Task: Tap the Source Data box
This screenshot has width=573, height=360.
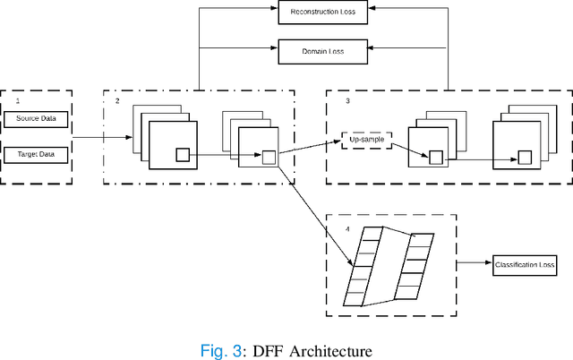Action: [x=36, y=119]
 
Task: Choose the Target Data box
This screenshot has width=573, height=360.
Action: [x=36, y=155]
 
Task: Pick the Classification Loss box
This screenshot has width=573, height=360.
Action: [x=525, y=264]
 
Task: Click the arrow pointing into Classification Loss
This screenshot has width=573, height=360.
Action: [x=475, y=264]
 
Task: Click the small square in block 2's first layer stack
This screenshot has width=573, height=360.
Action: [x=182, y=155]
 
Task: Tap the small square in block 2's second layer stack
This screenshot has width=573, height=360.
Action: [x=269, y=159]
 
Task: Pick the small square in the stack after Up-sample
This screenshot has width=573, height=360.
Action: [x=436, y=158]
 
